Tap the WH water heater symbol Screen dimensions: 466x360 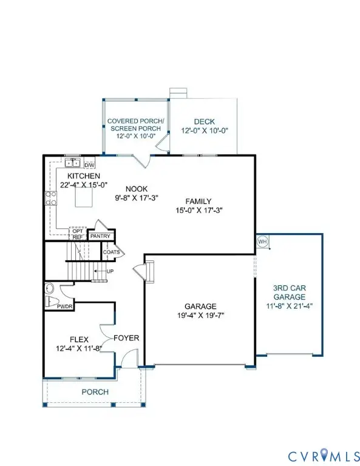tap(262, 241)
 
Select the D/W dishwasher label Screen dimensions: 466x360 tap(89, 164)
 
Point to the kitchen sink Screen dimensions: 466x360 tap(73, 163)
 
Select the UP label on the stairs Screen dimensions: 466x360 tap(110, 271)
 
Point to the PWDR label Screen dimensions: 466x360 tap(65, 307)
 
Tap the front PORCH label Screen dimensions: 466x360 tap(95, 392)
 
